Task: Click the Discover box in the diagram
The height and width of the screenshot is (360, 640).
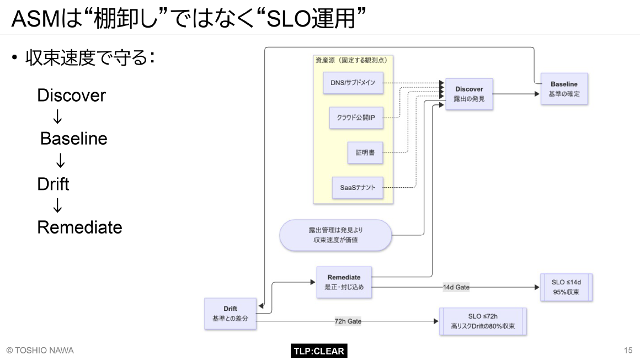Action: point(468,94)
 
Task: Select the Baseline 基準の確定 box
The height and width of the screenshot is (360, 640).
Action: point(563,89)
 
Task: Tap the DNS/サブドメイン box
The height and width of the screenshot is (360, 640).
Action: point(353,82)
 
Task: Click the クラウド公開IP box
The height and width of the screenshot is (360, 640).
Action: point(356,118)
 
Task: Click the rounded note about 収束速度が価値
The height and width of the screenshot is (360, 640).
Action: point(335,235)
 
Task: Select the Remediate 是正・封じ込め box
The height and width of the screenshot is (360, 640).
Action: point(344,282)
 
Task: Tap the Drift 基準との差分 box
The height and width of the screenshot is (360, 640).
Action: point(230,314)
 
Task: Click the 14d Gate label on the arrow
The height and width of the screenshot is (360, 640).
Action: point(456,287)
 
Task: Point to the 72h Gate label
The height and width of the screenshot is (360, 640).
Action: point(348,321)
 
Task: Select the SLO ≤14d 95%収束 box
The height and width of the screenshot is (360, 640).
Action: point(566,287)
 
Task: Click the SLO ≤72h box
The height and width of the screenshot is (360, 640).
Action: point(483,321)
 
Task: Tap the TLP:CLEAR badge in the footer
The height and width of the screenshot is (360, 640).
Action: point(318,351)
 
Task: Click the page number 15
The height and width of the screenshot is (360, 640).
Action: point(628,351)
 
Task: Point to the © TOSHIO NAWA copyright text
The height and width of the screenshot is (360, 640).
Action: point(40,351)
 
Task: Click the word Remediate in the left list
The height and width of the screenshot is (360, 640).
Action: point(79,227)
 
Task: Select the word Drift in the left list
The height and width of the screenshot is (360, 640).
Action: point(53,184)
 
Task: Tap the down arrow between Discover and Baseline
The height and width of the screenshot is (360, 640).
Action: point(57,117)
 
